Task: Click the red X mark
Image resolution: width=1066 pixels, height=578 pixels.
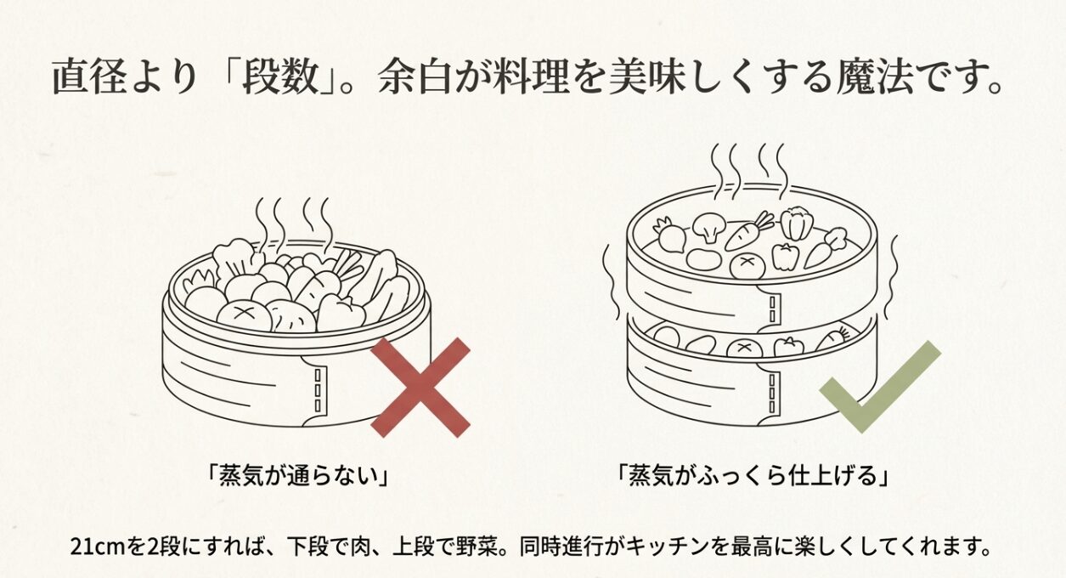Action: point(420,387)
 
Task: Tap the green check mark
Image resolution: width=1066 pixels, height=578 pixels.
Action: point(879,387)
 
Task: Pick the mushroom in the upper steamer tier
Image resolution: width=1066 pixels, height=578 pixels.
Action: point(707,227)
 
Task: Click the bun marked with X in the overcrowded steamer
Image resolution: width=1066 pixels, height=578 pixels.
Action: point(244,314)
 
